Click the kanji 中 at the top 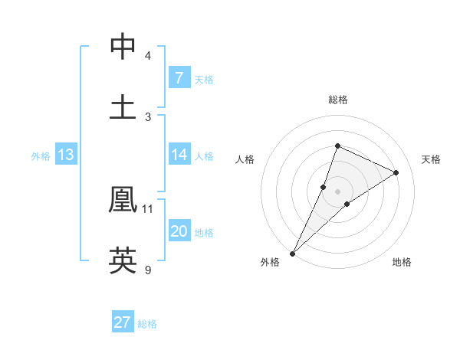click(123, 47)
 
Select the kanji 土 click(123, 106)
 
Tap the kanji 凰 click(123, 199)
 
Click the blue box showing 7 click(179, 77)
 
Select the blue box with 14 click(179, 155)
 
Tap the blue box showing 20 click(179, 231)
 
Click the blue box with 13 click(66, 155)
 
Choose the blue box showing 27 click(123, 322)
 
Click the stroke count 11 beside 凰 click(148, 208)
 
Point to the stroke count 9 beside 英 click(148, 270)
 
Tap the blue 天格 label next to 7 click(203, 79)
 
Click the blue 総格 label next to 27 click(147, 324)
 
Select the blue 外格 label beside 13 click(41, 156)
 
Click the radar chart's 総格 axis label click(337, 100)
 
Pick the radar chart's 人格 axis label click(245, 159)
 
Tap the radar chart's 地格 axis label click(402, 262)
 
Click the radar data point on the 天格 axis click(396, 172)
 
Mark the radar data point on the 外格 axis click(292, 253)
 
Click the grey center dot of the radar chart click(337, 191)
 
